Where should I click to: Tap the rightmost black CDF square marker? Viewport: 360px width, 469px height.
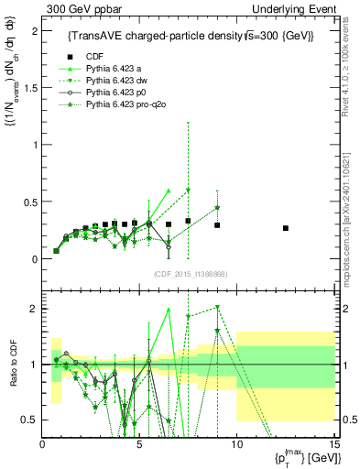pyautogui.click(x=286, y=228)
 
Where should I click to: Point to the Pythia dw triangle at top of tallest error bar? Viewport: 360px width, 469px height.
pyautogui.click(x=188, y=190)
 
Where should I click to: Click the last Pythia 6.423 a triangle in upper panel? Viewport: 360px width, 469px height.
pyautogui.click(x=169, y=191)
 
